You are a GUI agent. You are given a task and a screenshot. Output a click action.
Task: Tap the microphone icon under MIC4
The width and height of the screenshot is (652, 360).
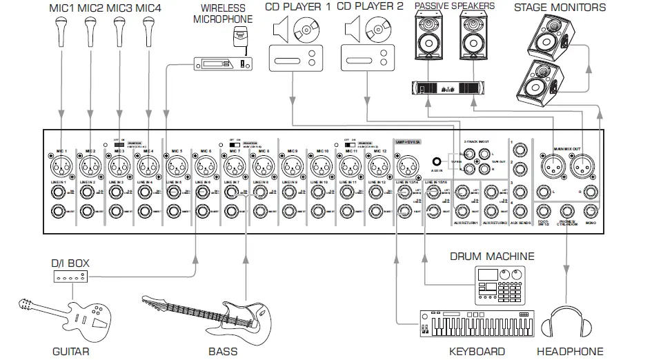pos(148,30)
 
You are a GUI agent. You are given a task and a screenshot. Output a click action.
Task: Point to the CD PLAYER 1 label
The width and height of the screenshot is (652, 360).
pos(298,7)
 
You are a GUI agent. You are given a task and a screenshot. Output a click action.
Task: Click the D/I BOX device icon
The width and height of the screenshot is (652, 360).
pos(70,277)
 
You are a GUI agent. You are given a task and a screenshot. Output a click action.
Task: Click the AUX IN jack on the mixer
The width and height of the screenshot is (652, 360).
pos(436,158)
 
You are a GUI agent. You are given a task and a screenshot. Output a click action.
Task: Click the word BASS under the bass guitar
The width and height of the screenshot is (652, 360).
pos(222,351)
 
